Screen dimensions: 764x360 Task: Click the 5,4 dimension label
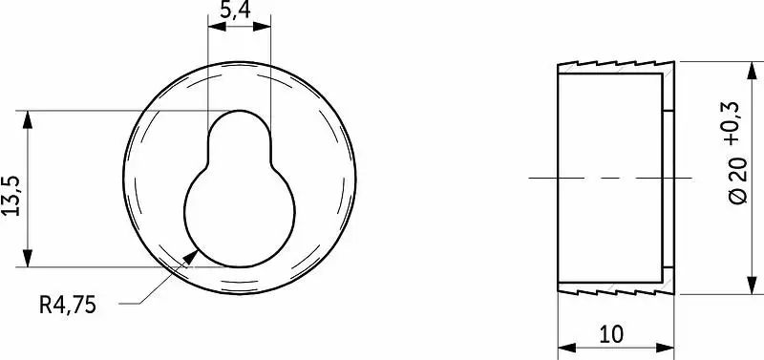pos(235,10)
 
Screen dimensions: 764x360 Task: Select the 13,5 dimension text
pos(11,196)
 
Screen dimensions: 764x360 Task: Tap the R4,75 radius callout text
pos(68,306)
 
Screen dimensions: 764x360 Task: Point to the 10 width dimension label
pos(611,334)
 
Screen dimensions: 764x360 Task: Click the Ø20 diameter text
pos(737,180)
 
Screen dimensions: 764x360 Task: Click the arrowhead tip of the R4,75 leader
pos(198,250)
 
